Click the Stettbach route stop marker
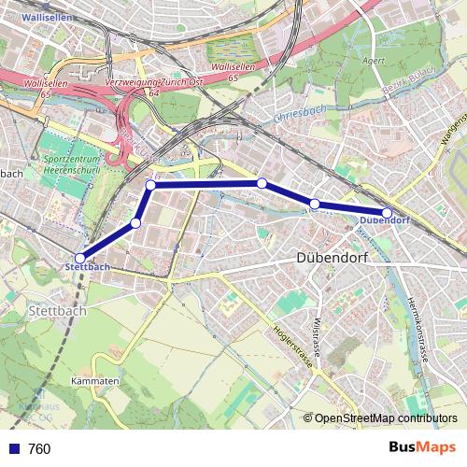coord(80,258)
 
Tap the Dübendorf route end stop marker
coord(387,213)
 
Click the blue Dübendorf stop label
coord(384,221)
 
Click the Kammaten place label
coord(93,383)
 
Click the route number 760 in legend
coord(39,449)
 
